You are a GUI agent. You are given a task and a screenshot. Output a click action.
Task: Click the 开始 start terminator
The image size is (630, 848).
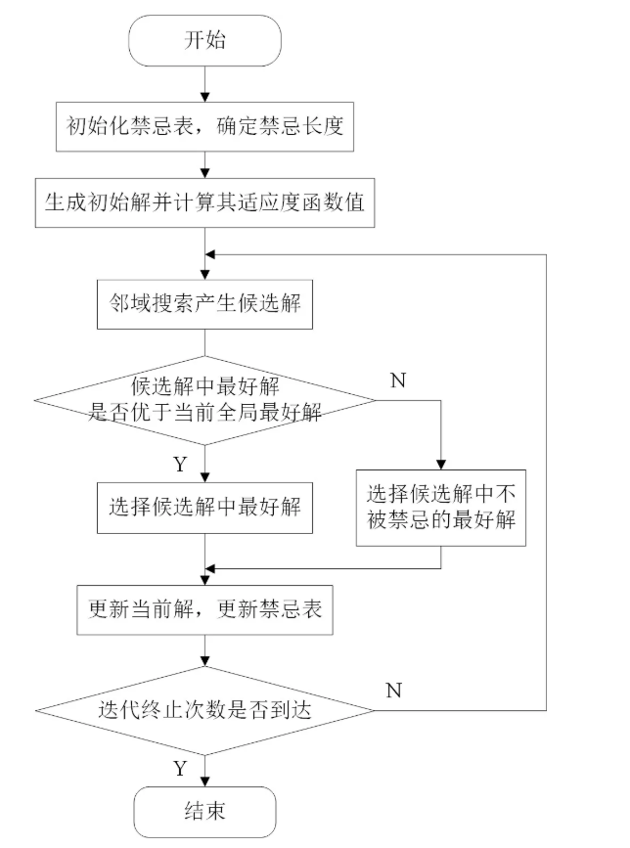[204, 40]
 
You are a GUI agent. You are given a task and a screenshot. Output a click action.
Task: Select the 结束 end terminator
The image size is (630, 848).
[204, 811]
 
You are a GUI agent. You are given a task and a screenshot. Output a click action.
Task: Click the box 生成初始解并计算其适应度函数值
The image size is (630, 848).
[203, 203]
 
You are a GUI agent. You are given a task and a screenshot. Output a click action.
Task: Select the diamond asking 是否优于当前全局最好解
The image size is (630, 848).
[203, 400]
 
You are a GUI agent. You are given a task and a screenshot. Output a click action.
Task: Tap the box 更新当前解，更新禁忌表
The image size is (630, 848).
[203, 611]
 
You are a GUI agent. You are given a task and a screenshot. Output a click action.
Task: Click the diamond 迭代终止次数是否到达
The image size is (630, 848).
[203, 709]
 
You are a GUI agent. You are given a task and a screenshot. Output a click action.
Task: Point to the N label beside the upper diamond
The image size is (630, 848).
[397, 380]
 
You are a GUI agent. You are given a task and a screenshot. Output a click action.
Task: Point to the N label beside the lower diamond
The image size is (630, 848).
[393, 691]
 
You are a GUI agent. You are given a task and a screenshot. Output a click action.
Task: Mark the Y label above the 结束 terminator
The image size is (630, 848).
[179, 769]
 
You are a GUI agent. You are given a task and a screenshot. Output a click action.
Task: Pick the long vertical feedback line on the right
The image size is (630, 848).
[545, 479]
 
